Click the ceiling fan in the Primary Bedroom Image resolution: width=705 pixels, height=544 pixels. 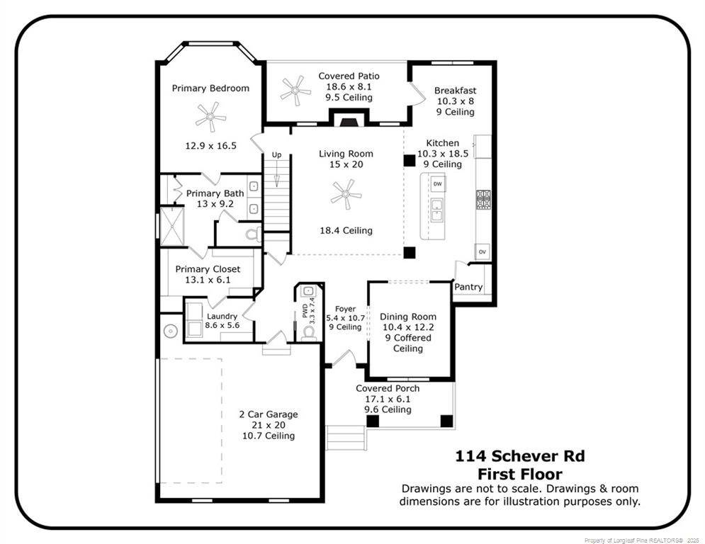pyautogui.click(x=210, y=115)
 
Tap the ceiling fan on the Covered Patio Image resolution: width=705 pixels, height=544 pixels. pyautogui.click(x=295, y=91)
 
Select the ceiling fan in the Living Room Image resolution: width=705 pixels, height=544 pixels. pyautogui.click(x=346, y=193)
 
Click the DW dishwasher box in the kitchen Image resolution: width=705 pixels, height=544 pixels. pyautogui.click(x=438, y=184)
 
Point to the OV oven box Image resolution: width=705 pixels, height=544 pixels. pyautogui.click(x=483, y=251)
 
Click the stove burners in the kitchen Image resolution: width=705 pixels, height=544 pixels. pyautogui.click(x=484, y=199)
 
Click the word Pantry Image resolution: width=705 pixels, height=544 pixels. pyautogui.click(x=468, y=287)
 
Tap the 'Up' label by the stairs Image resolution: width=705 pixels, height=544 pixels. pyautogui.click(x=276, y=154)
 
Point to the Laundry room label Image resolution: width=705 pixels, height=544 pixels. pyautogui.click(x=222, y=316)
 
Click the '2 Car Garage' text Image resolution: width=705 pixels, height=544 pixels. pyautogui.click(x=268, y=414)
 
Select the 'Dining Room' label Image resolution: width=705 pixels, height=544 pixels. pyautogui.click(x=408, y=317)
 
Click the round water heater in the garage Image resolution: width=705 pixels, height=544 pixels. pyautogui.click(x=170, y=330)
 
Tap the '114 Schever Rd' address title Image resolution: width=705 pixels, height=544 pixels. pyautogui.click(x=520, y=457)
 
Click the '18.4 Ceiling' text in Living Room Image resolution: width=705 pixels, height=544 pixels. pyautogui.click(x=346, y=230)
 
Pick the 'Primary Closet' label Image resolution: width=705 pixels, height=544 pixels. pyautogui.click(x=208, y=269)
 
